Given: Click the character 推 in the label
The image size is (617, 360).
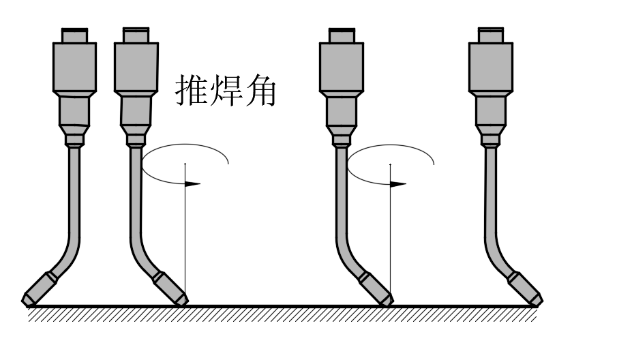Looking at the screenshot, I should click(191, 90).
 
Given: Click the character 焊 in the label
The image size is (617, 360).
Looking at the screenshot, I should click(225, 90).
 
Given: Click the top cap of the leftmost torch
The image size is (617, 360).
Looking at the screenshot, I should click(74, 35).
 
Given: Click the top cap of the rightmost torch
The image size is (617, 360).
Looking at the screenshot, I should click(490, 35).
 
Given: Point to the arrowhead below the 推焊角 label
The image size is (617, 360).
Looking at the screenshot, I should click(193, 183).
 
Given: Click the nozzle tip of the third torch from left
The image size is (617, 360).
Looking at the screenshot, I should click(386, 298).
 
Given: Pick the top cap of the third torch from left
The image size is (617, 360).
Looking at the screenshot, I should click(340, 35).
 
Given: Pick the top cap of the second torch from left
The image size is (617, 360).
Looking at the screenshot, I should click(136, 35).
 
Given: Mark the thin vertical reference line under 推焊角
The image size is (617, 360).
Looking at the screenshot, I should click(185, 232).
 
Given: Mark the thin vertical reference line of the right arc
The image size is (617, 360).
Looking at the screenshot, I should click(390, 232).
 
